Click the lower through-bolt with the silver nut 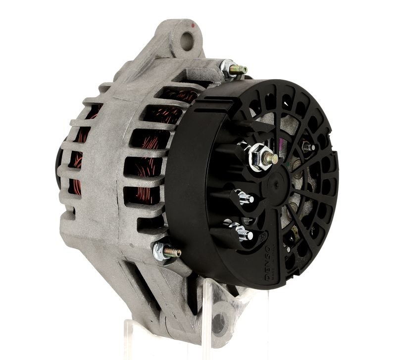[x=166, y=252]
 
